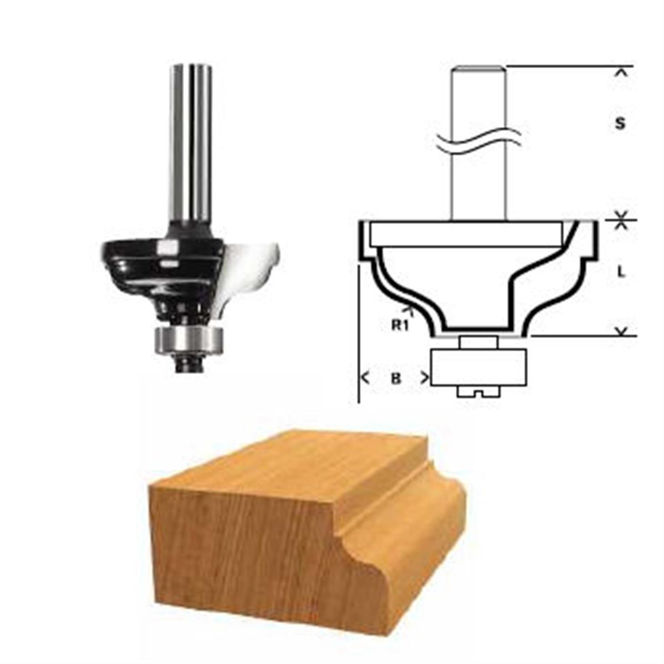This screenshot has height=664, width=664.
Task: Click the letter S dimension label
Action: (x=620, y=123)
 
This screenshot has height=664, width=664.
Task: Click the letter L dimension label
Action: (x=621, y=272)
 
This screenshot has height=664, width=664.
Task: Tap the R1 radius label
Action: (x=400, y=325)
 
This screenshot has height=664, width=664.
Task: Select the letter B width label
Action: (x=396, y=378)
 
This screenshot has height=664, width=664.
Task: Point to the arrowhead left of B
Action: (x=365, y=377)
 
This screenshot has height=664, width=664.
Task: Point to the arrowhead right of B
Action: (x=425, y=378)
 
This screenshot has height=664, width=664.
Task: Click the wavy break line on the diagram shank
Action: (x=478, y=141)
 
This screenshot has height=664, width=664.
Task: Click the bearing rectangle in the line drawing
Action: (x=478, y=367)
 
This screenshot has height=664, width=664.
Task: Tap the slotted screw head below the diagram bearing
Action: (x=478, y=392)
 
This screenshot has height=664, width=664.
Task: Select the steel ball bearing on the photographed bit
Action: (x=189, y=340)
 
